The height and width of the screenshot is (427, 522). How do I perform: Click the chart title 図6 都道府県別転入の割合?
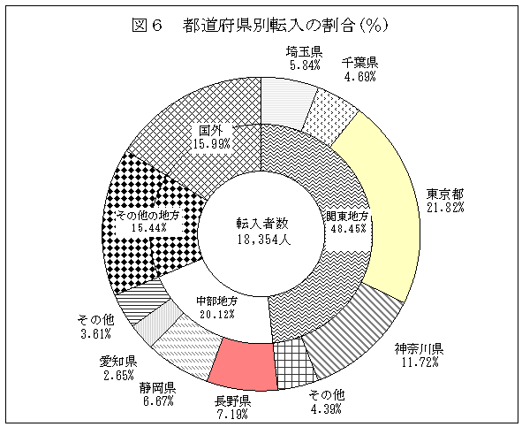pos(261,26)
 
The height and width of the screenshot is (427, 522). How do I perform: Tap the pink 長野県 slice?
pos(245,364)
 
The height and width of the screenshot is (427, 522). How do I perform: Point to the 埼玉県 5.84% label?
pos(304,58)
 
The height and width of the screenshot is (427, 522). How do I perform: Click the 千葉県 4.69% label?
pos(359,69)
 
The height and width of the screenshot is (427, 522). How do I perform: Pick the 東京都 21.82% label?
pos(445,200)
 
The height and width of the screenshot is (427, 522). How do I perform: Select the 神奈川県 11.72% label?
pos(420,355)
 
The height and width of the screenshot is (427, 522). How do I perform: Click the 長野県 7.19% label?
pos(232,407)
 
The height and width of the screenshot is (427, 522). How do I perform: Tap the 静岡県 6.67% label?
pos(158,393)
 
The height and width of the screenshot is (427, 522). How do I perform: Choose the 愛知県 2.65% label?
pos(118,368)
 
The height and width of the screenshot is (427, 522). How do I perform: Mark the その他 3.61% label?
pos(96,326)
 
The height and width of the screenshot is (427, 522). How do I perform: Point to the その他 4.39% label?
pos(327,401)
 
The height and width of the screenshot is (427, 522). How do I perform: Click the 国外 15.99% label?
pos(211,136)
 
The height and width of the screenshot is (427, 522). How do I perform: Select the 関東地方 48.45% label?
pos(348,222)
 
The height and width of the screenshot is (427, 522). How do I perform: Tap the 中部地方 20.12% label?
pos(216,308)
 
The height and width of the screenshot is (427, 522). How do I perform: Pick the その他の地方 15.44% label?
pos(148,221)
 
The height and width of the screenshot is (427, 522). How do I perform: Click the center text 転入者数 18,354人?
pos(263,231)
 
